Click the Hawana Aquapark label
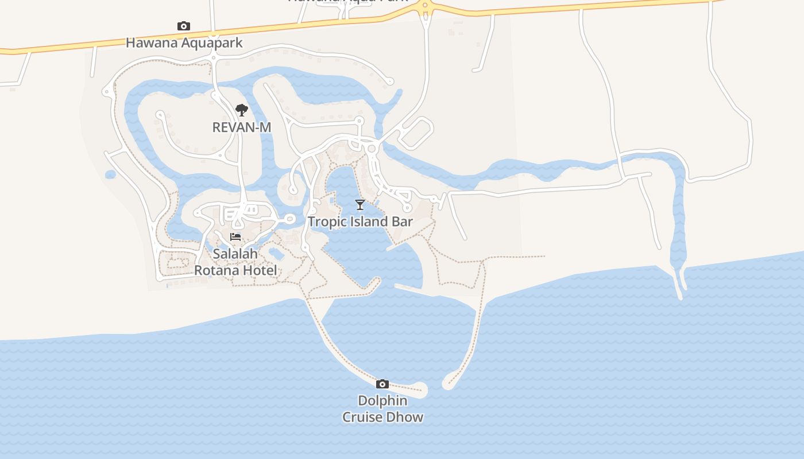184,42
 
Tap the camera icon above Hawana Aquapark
184,26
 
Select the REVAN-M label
241,127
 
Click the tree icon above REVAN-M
242,110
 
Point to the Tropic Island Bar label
360,221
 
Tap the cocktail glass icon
360,205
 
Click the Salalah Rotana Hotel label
235,262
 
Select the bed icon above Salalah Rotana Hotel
235,237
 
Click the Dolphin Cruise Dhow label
382,409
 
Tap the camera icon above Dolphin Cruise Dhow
382,384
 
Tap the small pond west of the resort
110,174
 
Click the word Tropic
325,221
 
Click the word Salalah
235,254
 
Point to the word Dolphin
382,400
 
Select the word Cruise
362,417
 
